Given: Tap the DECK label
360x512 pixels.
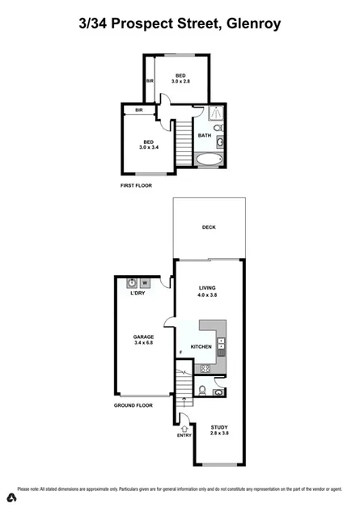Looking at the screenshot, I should pos(209,227).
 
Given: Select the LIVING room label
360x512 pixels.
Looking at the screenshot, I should pos(210,287).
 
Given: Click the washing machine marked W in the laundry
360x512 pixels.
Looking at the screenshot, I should pos(145,283).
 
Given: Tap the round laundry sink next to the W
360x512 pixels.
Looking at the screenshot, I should pos(131,283).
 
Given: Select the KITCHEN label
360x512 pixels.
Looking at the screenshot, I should pos(201,347).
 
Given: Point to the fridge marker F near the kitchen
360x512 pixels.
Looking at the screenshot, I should pos(180,352).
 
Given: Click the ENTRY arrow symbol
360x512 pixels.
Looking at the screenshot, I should pos(184,429).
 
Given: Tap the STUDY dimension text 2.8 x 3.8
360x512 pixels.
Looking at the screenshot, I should pos(219,434).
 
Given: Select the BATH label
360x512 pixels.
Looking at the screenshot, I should pos(205,135).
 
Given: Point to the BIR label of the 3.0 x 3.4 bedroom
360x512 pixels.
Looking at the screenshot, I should pos(139,110).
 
